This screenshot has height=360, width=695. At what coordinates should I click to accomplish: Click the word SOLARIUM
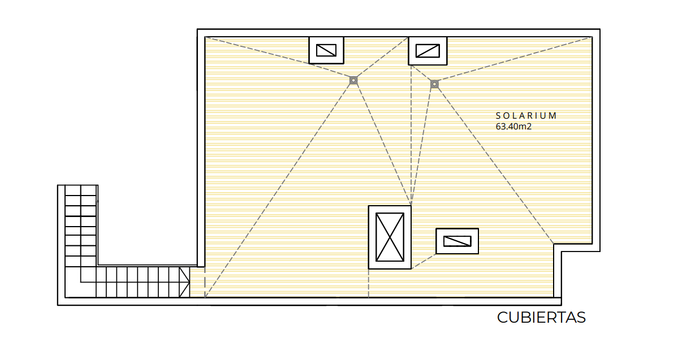[x=526, y=116]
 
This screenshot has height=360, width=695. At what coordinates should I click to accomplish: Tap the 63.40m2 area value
[x=513, y=127]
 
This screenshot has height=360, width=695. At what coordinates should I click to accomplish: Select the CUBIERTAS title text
[x=541, y=317]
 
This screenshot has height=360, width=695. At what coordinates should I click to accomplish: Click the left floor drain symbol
[x=353, y=80]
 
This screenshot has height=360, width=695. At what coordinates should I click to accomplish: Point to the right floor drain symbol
[x=434, y=84]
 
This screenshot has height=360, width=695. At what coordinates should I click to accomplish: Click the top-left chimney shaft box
[x=326, y=50]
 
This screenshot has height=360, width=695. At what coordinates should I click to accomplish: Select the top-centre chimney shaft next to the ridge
[x=428, y=51]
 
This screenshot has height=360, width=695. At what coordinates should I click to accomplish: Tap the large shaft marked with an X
[x=390, y=237]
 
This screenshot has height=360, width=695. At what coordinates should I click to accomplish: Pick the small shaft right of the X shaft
[x=457, y=241]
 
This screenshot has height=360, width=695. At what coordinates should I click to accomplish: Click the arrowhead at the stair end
[x=184, y=282]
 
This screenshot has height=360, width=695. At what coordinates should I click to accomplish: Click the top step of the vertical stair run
[x=81, y=190]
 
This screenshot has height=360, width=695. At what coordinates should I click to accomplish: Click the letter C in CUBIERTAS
[x=503, y=317]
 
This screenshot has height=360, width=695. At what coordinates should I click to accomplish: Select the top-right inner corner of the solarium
[x=592, y=37]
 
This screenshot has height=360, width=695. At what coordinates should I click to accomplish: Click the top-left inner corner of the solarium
[x=205, y=37]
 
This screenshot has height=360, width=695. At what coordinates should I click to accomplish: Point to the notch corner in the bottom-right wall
[x=554, y=244]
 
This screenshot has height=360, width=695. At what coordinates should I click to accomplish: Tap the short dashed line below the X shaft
[x=369, y=283]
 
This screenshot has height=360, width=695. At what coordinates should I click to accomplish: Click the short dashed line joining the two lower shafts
[x=424, y=262]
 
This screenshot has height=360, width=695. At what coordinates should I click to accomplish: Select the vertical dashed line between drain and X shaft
[x=411, y=135]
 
